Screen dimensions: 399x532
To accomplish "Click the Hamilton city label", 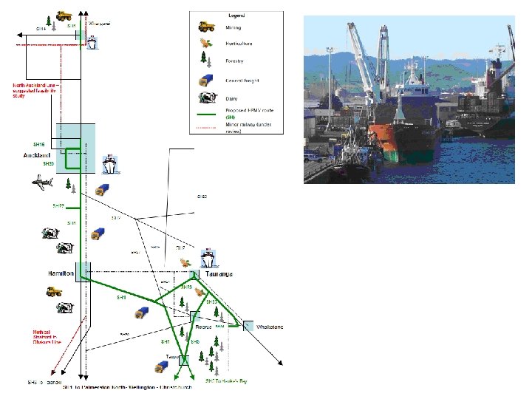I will [x=61, y=274].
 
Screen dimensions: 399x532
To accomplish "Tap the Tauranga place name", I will [x=219, y=274].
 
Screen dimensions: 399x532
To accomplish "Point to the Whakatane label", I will [x=269, y=327].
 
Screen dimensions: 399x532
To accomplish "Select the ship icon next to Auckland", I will [x=109, y=162].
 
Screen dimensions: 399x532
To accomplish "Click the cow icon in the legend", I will [x=207, y=98].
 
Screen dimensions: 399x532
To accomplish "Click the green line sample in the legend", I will [x=205, y=116].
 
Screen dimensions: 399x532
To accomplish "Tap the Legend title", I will [x=237, y=16].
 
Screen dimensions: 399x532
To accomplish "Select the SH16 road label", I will [x=39, y=144].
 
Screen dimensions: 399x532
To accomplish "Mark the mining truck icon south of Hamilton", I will [x=54, y=290].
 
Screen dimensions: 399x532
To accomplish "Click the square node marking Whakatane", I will [x=248, y=325].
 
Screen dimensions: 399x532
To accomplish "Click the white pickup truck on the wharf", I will [x=311, y=156].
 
